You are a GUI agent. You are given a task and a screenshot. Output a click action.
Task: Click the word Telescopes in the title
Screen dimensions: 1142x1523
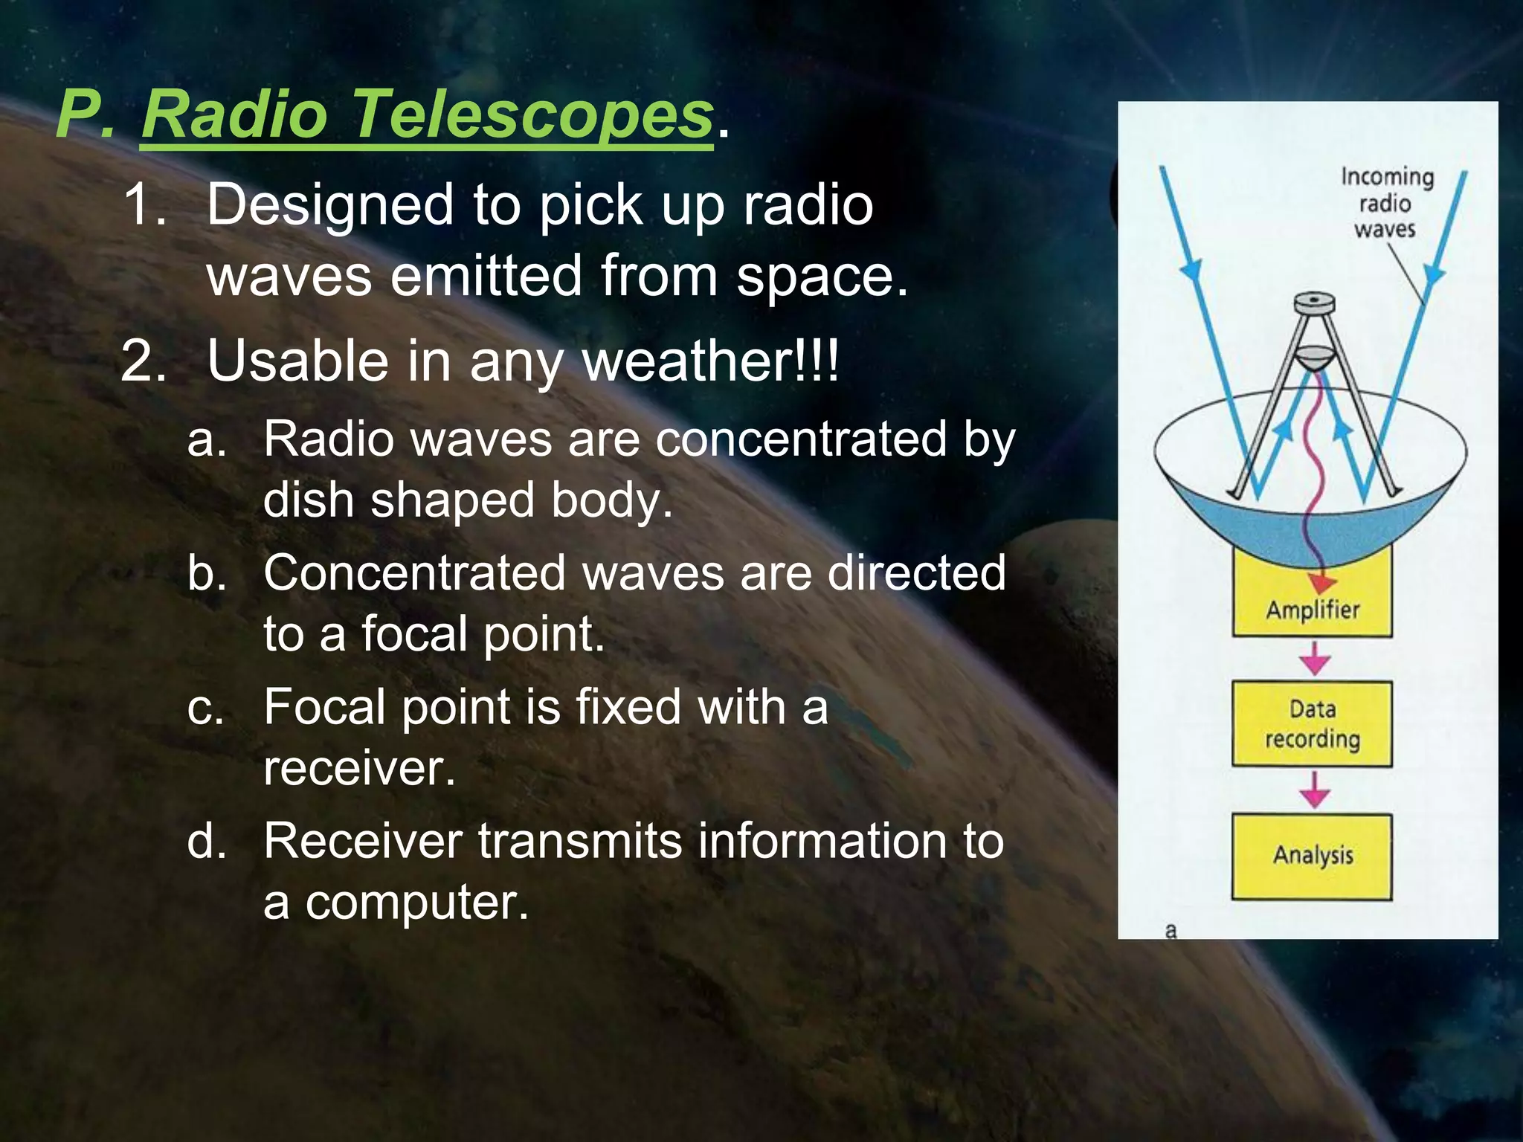pyautogui.click(x=532, y=115)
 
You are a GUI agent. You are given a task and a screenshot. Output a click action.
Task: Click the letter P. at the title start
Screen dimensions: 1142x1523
pyautogui.click(x=86, y=115)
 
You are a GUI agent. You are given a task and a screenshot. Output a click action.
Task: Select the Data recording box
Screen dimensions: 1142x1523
pyautogui.click(x=1313, y=723)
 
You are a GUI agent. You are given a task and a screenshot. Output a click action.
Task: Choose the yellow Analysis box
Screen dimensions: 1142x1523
pyautogui.click(x=1313, y=856)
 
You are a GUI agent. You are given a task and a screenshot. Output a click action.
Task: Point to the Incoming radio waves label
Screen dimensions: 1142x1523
pyautogui.click(x=1386, y=203)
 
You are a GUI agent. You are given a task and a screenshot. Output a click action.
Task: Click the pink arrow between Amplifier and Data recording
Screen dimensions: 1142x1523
pyautogui.click(x=1315, y=659)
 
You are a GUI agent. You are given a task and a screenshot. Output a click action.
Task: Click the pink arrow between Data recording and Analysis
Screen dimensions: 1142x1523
pyautogui.click(x=1315, y=790)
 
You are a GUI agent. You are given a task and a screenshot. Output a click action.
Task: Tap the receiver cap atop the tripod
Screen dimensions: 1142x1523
pyautogui.click(x=1314, y=304)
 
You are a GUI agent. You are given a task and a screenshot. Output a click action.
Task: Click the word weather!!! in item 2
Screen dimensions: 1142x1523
pyautogui.click(x=710, y=361)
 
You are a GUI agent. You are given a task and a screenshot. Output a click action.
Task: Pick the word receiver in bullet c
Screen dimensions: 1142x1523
pyautogui.click(x=358, y=768)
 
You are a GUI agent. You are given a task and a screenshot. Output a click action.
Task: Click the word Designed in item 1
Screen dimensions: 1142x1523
pyautogui.click(x=330, y=205)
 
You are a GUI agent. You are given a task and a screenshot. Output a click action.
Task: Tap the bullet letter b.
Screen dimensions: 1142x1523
pyautogui.click(x=207, y=573)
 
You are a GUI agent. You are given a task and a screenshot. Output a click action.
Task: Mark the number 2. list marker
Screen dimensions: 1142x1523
pyautogui.click(x=144, y=361)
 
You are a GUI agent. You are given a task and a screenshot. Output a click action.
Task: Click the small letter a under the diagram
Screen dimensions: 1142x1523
pyautogui.click(x=1171, y=930)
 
